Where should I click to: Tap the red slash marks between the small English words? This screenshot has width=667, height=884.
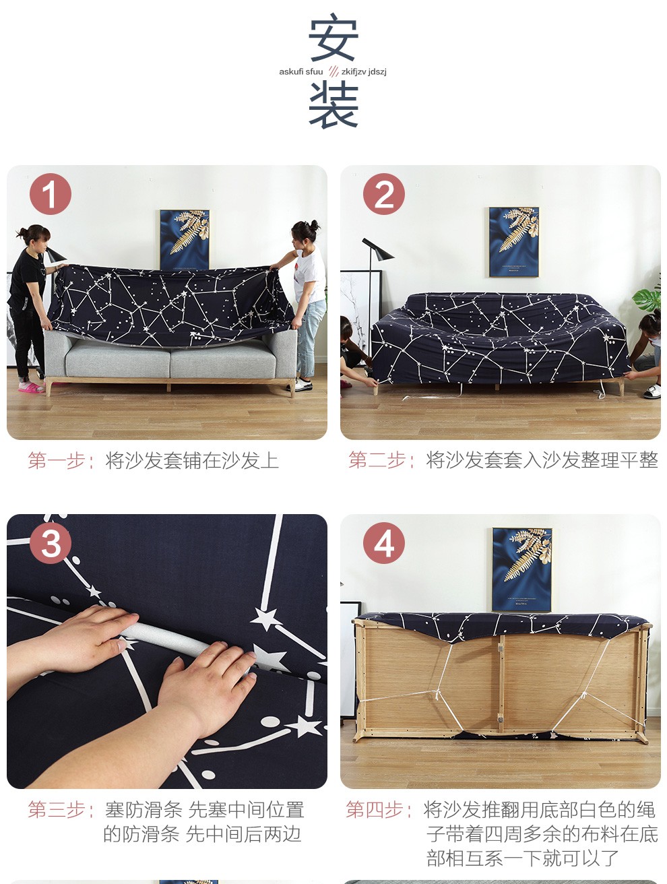(x=333, y=71)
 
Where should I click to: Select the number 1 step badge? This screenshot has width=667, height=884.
(x=51, y=194)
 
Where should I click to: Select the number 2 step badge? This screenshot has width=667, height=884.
(x=383, y=194)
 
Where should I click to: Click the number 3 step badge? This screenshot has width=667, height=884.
(x=51, y=543)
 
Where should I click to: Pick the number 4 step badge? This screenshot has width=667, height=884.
(x=383, y=543)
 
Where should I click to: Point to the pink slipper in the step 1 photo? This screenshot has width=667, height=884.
(x=30, y=387)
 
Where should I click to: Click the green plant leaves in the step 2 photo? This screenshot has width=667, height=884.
(x=647, y=297)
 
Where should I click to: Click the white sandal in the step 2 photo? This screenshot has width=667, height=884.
(x=652, y=391)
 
